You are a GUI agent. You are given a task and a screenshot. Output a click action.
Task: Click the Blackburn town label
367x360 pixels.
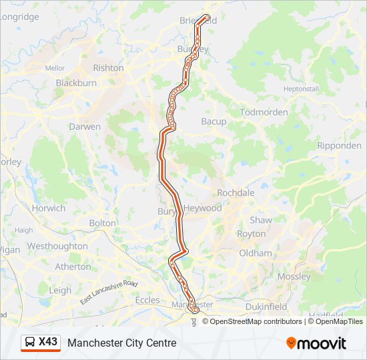pyautogui.click(x=76, y=83)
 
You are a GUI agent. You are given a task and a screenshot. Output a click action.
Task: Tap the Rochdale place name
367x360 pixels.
pyautogui.click(x=236, y=193)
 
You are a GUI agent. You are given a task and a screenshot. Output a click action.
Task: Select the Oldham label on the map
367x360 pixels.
pyautogui.click(x=256, y=253)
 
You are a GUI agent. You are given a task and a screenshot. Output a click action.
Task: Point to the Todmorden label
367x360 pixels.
pyautogui.click(x=264, y=112)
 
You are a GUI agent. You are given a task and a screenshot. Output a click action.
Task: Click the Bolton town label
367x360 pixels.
pyautogui.click(x=102, y=223)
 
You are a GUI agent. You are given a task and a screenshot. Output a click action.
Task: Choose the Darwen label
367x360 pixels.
pyautogui.click(x=85, y=127)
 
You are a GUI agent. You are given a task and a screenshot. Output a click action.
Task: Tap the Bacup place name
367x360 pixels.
pyautogui.click(x=214, y=121)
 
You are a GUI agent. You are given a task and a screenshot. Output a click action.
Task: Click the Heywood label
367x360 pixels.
pyautogui.click(x=203, y=208)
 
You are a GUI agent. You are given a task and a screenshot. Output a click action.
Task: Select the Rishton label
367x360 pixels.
pyautogui.click(x=108, y=68)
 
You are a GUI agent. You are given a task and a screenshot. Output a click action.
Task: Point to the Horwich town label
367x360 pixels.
pyautogui.click(x=49, y=208)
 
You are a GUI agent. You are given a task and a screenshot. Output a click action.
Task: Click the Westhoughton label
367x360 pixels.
pyautogui.click(x=57, y=246)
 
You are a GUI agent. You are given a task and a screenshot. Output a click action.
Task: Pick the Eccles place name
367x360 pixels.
pyautogui.click(x=147, y=300)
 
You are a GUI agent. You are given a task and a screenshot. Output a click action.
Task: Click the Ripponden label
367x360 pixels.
pyautogui.click(x=339, y=145)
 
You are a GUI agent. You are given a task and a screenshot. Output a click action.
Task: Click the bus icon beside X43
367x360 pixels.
pyautogui.click(x=30, y=342)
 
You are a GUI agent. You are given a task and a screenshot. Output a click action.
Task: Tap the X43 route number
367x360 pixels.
pyautogui.click(x=48, y=342)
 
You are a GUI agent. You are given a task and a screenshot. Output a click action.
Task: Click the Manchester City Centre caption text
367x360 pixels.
pyautogui.click(x=122, y=343)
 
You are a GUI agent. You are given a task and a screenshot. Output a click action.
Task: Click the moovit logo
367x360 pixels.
pyautogui.click(x=316, y=343)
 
